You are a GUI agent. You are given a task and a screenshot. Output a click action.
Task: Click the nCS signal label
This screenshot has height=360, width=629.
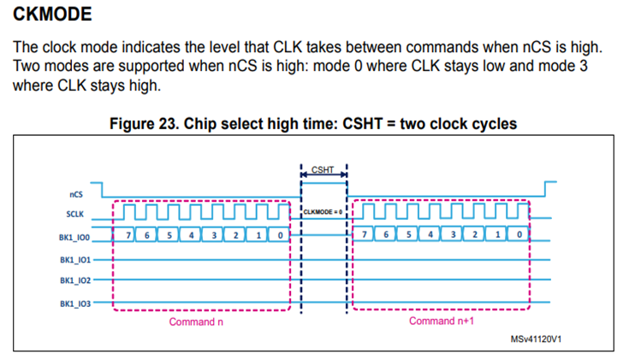click(x=75, y=194)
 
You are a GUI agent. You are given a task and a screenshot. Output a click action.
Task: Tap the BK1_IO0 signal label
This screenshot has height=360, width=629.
click(x=74, y=234)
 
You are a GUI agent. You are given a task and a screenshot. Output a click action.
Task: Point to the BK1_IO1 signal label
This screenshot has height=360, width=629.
click(x=74, y=259)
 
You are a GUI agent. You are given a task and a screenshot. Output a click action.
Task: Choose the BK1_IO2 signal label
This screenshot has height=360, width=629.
click(x=74, y=280)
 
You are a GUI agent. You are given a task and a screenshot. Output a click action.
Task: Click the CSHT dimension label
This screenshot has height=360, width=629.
click(x=323, y=169)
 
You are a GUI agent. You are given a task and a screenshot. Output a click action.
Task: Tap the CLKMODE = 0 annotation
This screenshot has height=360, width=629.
click(x=323, y=211)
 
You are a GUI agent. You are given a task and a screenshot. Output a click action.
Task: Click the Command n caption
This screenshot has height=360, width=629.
click(x=197, y=322)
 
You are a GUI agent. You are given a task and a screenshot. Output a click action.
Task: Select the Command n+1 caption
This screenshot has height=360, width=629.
click(x=441, y=322)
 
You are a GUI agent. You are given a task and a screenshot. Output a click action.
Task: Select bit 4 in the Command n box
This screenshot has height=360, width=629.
click(x=192, y=234)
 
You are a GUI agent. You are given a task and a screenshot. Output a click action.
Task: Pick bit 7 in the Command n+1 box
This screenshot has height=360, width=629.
click(x=367, y=234)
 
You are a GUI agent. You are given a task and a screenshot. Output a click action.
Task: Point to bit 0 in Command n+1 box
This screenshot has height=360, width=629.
click(x=519, y=234)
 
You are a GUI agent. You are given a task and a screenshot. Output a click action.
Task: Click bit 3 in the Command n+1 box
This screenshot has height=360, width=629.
click(x=453, y=234)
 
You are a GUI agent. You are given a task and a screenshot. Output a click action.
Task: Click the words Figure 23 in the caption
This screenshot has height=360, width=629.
click(x=145, y=124)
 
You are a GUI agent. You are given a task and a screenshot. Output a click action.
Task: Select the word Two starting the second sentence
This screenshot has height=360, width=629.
click(x=28, y=67)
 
